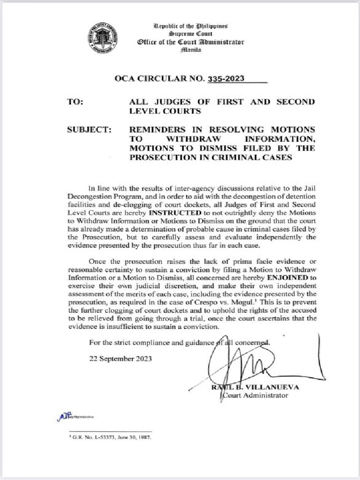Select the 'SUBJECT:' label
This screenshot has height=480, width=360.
90,130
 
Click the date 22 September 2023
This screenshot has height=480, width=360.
120,359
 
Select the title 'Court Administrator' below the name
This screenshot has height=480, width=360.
255,396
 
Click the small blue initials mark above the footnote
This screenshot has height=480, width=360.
63,416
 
